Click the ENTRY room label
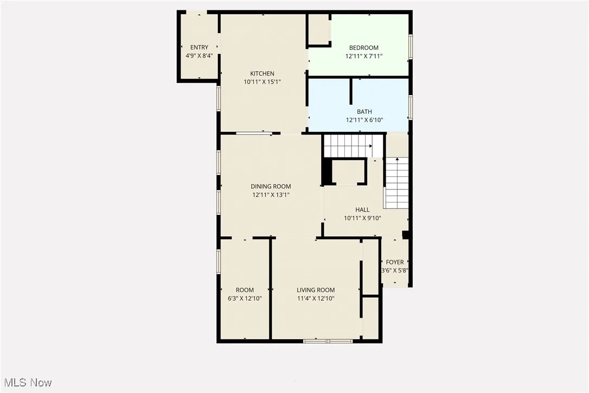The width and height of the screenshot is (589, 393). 199,48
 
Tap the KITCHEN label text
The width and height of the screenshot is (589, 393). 262,74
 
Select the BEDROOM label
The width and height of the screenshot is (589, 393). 364,48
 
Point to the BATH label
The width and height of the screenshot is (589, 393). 364,112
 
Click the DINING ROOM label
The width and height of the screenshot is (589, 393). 271,187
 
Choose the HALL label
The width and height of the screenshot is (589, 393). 362,210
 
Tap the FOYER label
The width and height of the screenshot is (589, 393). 395,262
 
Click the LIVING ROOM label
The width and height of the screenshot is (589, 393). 316,290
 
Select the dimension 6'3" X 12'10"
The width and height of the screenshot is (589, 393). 245,298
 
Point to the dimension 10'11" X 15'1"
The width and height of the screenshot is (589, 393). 262,82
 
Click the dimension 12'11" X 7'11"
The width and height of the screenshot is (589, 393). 364,56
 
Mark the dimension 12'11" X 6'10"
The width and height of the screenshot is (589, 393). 364,120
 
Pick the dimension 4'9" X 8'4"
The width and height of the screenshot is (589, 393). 199,56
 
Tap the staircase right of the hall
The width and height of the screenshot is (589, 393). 396,183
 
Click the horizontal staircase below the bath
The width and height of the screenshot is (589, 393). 348,145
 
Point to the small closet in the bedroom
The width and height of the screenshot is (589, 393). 319,29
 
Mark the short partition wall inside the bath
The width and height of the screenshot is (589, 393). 351,91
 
